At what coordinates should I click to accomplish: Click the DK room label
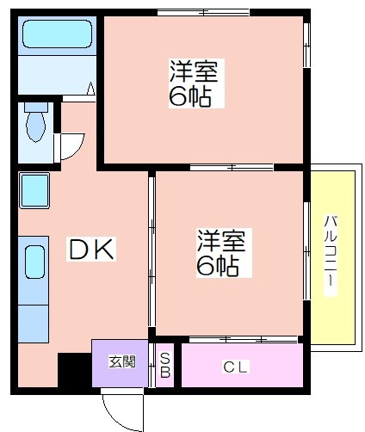point(91,249)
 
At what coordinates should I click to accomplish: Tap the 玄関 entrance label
point(122,361)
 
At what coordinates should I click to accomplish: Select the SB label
point(165,365)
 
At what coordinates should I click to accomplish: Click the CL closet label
point(235,367)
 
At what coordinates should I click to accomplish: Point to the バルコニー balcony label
point(331,255)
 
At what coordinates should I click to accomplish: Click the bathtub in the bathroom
point(58,34)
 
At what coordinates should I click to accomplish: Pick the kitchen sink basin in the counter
point(34,262)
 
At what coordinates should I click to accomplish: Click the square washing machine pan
point(34,190)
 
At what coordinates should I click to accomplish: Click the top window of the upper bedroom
point(203,13)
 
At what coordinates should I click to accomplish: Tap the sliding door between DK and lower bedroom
point(152,252)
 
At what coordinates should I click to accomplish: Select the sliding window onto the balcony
point(306,251)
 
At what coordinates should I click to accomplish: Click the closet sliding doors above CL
point(244,340)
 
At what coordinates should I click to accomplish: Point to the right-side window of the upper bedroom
point(306,46)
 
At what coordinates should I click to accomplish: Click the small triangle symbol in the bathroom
point(91,89)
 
